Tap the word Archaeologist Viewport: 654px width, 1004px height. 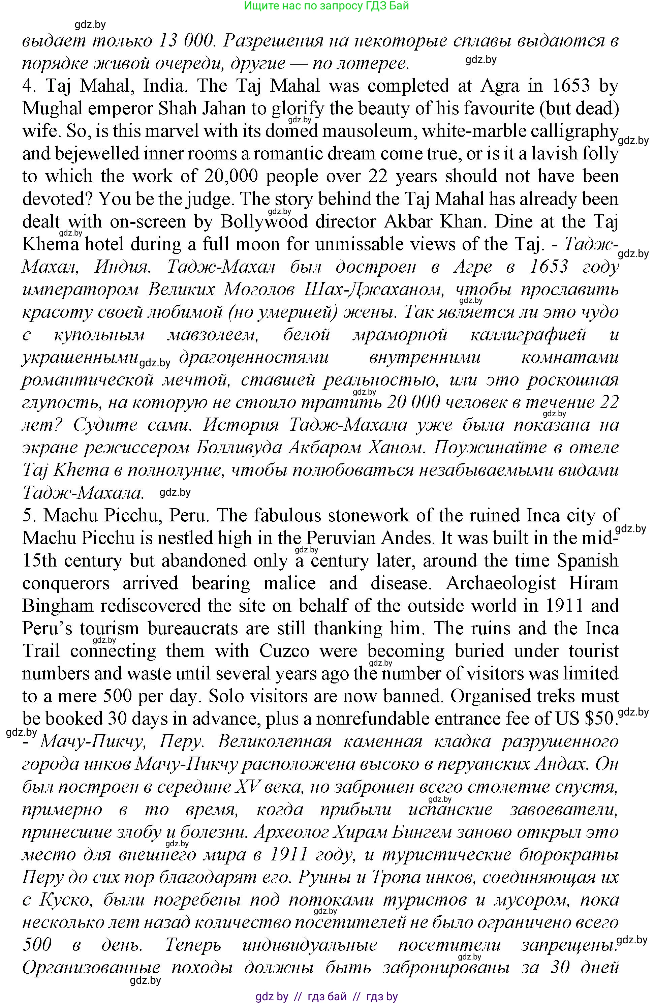501,583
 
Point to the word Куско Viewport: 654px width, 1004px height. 64,900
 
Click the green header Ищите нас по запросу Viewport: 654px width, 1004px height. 326,6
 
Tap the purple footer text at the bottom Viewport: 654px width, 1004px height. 326,996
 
